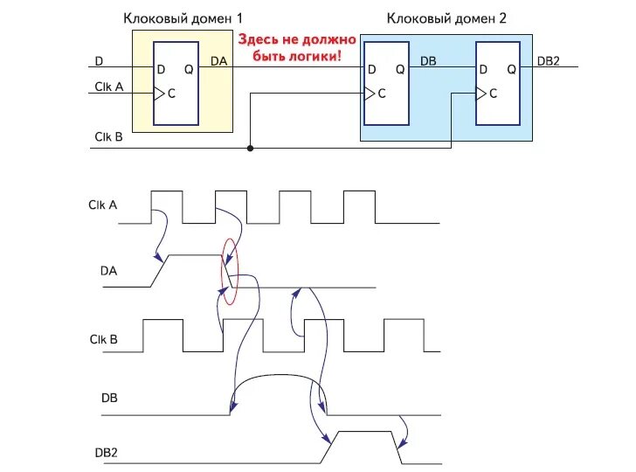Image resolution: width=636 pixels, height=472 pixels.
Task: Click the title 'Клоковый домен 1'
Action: [183, 17]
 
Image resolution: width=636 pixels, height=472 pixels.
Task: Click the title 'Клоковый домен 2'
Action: [446, 17]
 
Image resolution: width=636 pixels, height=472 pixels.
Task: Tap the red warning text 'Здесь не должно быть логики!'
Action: [298, 48]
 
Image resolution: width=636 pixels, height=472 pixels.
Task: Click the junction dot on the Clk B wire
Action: [251, 149]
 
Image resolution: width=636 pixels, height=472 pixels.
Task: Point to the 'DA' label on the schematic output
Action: [219, 60]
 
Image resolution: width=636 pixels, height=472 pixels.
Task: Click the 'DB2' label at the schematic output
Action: [549, 60]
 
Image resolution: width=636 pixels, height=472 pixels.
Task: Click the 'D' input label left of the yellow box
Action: [98, 60]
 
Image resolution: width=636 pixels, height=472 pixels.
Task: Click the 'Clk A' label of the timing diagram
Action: [102, 205]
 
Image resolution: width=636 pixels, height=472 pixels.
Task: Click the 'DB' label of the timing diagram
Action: [109, 399]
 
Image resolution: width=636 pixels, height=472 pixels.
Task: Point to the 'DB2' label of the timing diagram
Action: [106, 452]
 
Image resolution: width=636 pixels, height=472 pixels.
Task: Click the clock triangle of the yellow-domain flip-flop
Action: [159, 94]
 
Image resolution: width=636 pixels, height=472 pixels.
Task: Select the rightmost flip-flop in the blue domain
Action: [498, 83]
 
